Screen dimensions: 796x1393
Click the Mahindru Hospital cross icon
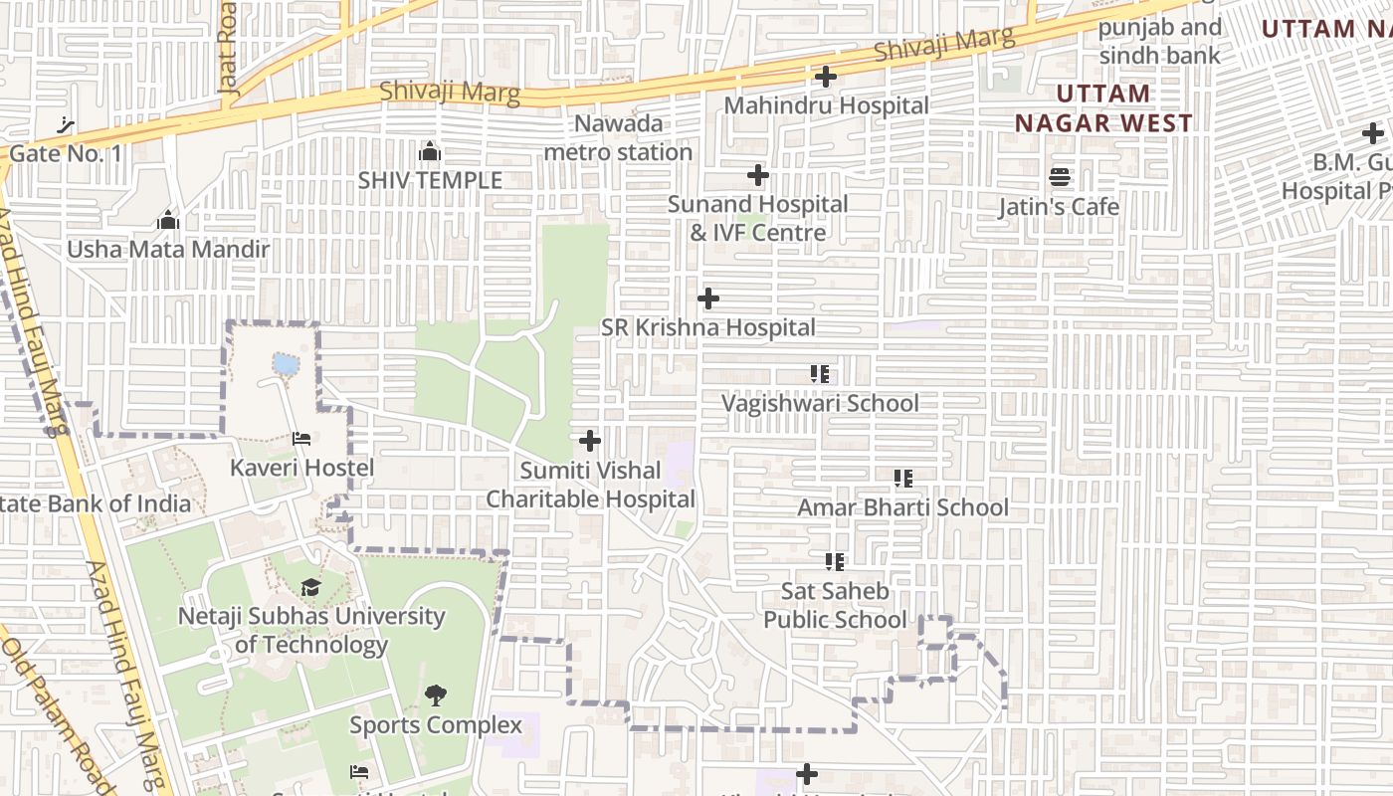[825, 77]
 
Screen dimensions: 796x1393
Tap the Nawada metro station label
[618, 138]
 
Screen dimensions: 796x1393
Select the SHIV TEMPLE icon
[430, 151]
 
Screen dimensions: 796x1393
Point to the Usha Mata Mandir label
[168, 249]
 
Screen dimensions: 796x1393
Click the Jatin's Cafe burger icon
[1060, 178]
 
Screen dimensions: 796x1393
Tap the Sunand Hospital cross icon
[758, 176]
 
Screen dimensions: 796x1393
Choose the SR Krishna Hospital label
[708, 327]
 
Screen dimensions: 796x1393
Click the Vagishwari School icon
[820, 374]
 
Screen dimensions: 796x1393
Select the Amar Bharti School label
[902, 507]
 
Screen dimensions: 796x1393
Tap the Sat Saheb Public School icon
[835, 562]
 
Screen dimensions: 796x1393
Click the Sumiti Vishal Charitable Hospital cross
[590, 440]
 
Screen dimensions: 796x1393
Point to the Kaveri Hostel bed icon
[301, 439]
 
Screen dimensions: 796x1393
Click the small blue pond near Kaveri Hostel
[286, 364]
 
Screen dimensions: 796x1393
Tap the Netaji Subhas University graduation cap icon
[311, 587]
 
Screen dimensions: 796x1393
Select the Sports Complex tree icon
[435, 696]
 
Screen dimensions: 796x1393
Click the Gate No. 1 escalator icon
[67, 125]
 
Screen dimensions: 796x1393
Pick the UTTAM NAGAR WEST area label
[1102, 108]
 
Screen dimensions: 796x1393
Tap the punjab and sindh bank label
[1159, 42]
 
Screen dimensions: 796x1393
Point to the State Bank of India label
[95, 503]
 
